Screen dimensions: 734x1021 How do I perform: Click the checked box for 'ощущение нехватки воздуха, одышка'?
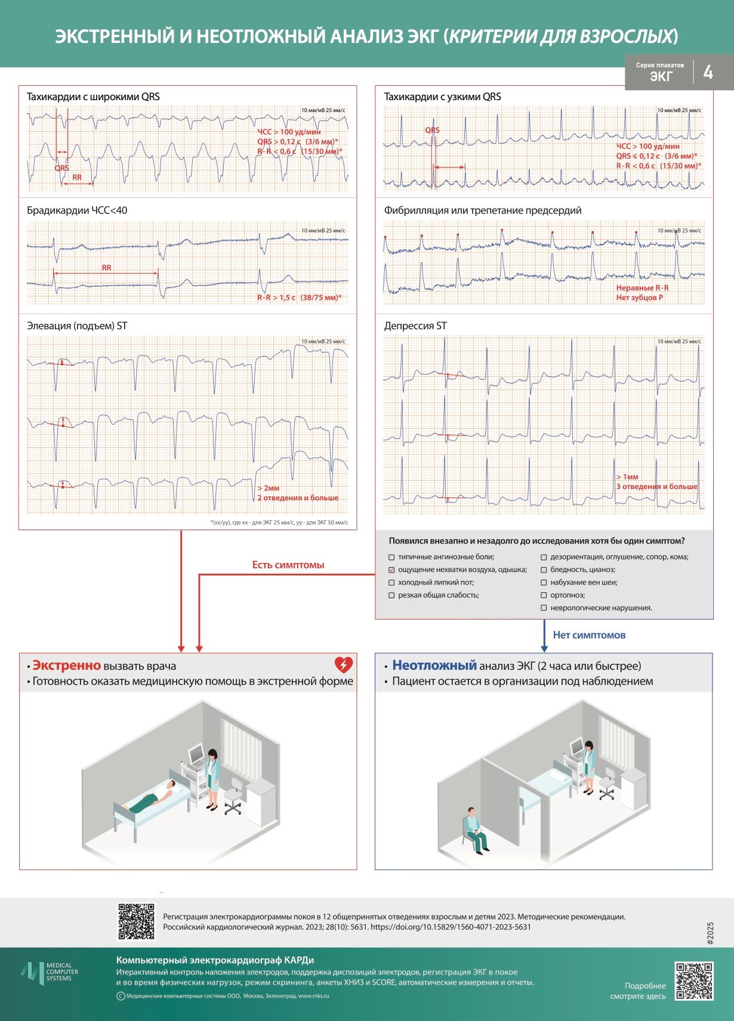pos(391,570)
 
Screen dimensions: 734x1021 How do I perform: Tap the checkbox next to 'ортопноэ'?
pos(544,595)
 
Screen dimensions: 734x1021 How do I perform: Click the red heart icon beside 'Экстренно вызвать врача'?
pos(344,665)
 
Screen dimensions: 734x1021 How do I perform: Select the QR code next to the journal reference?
pos(136,921)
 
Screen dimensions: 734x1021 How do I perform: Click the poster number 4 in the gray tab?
pos(708,72)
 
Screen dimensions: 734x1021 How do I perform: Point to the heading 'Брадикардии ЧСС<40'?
pos(76,211)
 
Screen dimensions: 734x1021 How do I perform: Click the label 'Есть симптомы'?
pos(288,565)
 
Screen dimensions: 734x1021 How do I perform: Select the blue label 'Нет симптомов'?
pos(589,635)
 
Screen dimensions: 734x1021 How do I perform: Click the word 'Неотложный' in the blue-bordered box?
pos(434,666)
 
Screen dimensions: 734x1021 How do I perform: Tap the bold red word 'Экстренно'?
pos(67,666)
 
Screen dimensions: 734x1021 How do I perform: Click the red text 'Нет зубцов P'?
pos(640,298)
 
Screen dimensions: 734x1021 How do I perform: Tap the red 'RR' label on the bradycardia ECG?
pos(106,268)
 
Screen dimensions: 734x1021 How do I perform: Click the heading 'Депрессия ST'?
pos(415,326)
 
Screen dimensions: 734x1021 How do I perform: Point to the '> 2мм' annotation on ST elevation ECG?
pos(268,488)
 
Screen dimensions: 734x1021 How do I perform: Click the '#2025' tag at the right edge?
pos(710,933)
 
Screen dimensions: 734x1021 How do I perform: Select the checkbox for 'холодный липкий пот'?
pos(391,583)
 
